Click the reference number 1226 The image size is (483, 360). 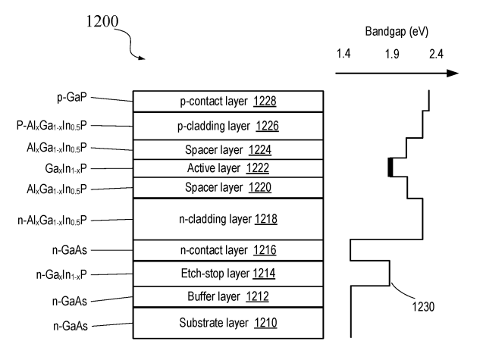coord(271,124)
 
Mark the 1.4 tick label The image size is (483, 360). coord(343,55)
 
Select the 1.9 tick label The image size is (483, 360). coord(391,55)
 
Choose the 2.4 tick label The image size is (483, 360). coord(435,55)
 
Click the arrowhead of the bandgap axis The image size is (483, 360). coord(453,74)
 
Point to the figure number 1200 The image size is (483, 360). coord(101,23)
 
